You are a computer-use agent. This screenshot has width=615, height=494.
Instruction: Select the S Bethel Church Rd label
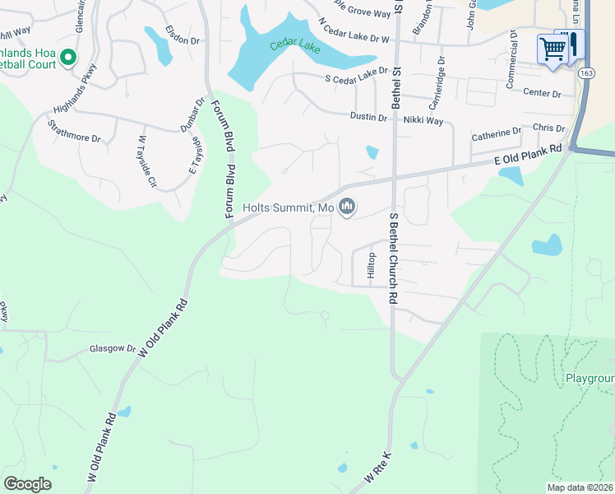(x=394, y=259)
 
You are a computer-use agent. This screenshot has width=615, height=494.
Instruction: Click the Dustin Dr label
(x=368, y=118)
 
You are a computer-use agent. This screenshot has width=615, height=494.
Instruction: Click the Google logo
(x=27, y=484)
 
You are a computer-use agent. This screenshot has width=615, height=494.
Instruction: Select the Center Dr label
(x=540, y=93)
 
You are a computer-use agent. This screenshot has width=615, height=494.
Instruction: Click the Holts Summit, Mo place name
(x=289, y=208)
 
